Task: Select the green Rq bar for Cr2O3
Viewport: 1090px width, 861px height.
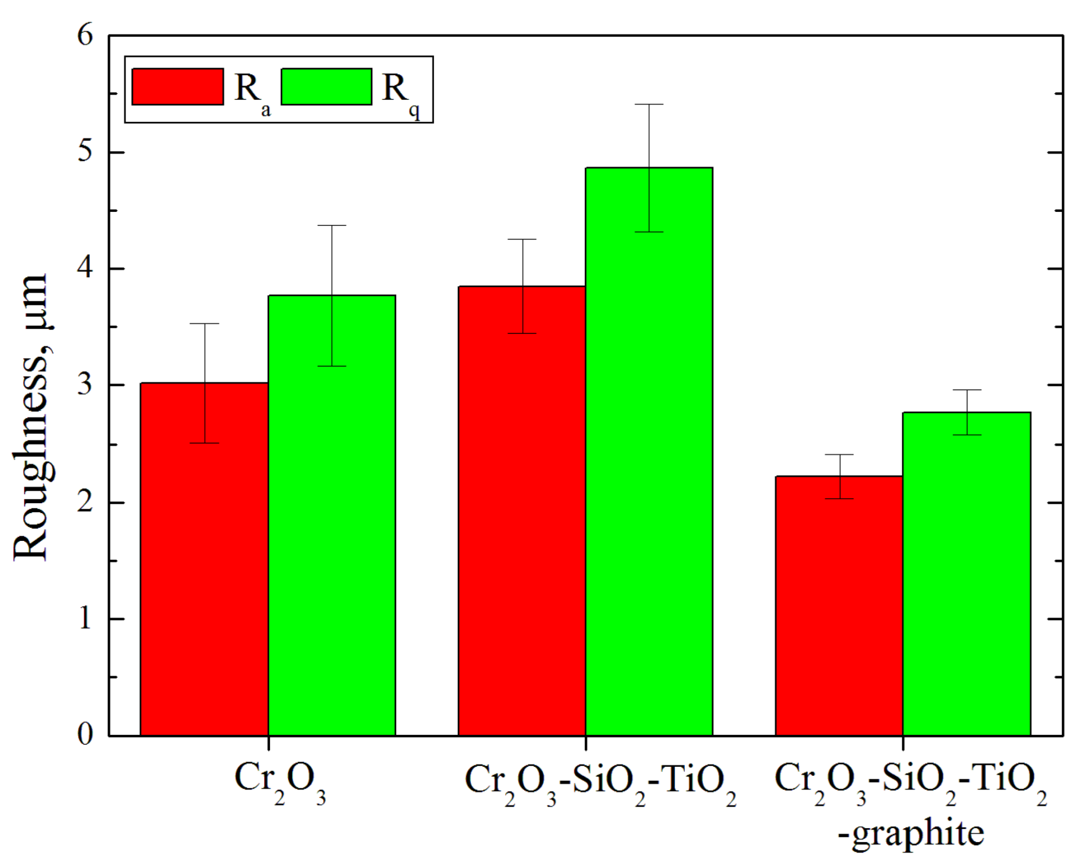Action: pyautogui.click(x=332, y=523)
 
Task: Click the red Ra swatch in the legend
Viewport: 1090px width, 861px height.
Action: pyautogui.click(x=178, y=87)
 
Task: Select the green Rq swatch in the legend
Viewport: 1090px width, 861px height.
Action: pyautogui.click(x=327, y=87)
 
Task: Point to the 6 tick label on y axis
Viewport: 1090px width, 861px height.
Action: pyautogui.click(x=85, y=36)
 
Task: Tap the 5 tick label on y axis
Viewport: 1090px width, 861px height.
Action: pyautogui.click(x=85, y=152)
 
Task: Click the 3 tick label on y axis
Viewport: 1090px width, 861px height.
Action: pyautogui.click(x=85, y=385)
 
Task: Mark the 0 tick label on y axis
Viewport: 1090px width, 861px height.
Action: pyautogui.click(x=85, y=734)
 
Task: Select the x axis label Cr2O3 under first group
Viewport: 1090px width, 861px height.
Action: pyautogui.click(x=280, y=782)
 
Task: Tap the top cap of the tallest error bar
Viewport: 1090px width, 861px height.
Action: pyautogui.click(x=649, y=105)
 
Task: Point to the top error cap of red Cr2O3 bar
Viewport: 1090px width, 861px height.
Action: pyautogui.click(x=204, y=324)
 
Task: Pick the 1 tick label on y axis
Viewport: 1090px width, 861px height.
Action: pyautogui.click(x=85, y=619)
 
